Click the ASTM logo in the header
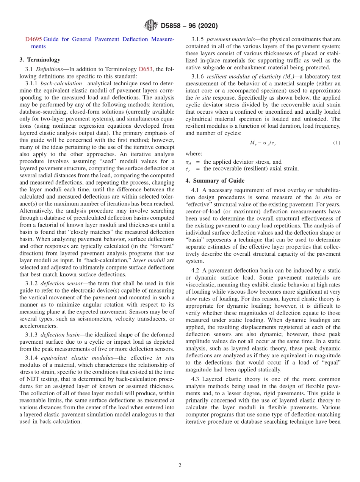tap(151, 26)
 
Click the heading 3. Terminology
tap(40, 59)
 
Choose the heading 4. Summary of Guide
tap(215, 180)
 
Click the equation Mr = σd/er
tap(263, 143)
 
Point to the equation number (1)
tap(337, 143)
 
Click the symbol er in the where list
tap(188, 169)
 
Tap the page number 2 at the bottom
tap(180, 465)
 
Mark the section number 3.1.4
tap(32, 358)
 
